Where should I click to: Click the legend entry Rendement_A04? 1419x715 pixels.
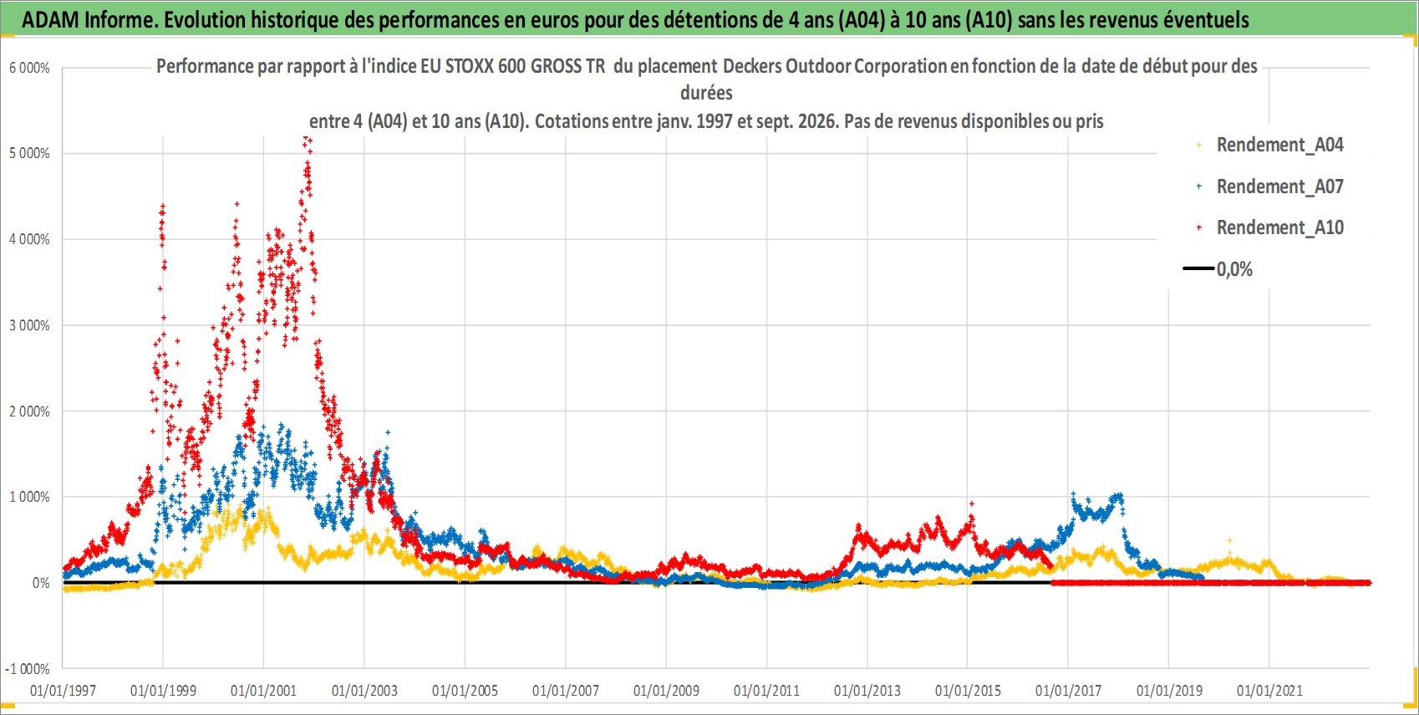click(x=1279, y=146)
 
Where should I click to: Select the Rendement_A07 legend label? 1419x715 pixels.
click(x=1279, y=187)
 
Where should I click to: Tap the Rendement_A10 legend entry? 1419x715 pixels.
click(x=1279, y=227)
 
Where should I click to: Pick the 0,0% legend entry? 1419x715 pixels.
click(x=1234, y=269)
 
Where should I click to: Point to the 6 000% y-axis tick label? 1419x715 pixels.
click(x=29, y=68)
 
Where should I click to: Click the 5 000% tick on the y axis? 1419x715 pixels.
click(x=29, y=153)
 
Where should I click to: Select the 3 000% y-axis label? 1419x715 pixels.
click(x=29, y=326)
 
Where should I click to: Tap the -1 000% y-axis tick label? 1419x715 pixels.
click(x=28, y=669)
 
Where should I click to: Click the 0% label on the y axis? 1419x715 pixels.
click(x=41, y=583)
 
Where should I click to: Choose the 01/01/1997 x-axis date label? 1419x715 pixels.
click(x=63, y=691)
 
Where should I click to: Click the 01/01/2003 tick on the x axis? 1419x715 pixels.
click(x=364, y=691)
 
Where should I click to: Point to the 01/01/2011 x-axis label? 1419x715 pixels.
click(x=766, y=691)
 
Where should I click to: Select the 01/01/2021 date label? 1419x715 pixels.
click(x=1269, y=691)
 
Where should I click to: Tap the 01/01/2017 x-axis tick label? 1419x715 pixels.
click(x=1068, y=691)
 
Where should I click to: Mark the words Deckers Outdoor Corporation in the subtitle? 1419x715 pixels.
click(x=835, y=67)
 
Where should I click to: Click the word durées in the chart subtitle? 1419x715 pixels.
click(x=706, y=93)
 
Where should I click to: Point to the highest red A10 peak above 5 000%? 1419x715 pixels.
click(x=307, y=139)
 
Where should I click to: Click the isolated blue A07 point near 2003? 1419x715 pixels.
click(x=388, y=432)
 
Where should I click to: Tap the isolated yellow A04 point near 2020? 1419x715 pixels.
click(x=1229, y=541)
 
